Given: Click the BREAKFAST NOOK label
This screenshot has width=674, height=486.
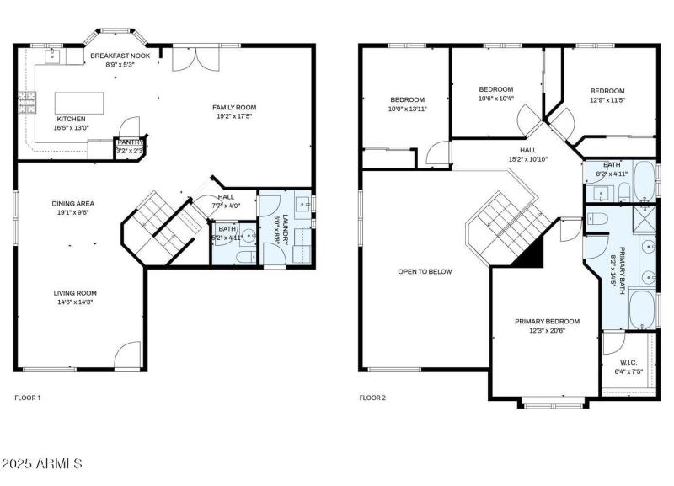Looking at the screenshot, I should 120,55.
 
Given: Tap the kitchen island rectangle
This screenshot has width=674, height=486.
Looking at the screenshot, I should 79,102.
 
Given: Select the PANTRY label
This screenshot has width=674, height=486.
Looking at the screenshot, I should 128,142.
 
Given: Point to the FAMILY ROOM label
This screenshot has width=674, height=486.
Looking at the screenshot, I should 233,107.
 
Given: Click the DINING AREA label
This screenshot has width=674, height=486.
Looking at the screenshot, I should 73,203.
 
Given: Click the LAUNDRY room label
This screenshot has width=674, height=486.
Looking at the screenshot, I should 284,228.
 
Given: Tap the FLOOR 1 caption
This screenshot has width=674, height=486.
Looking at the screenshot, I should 28,397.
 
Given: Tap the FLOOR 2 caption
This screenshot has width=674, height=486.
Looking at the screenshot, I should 372,397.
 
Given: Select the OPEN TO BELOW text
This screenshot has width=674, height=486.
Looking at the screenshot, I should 425,271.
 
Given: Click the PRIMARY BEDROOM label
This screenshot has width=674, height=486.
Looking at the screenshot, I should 548,321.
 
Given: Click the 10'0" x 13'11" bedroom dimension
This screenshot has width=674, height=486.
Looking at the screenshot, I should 407,109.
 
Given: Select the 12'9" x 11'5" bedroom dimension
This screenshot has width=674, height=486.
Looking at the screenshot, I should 607,100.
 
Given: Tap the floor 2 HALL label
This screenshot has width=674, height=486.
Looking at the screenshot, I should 528,149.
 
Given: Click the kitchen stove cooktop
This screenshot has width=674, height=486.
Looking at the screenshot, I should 28,103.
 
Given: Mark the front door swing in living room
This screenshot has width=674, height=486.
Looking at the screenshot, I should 127,355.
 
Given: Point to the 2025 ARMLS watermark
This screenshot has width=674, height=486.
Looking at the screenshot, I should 41,463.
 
